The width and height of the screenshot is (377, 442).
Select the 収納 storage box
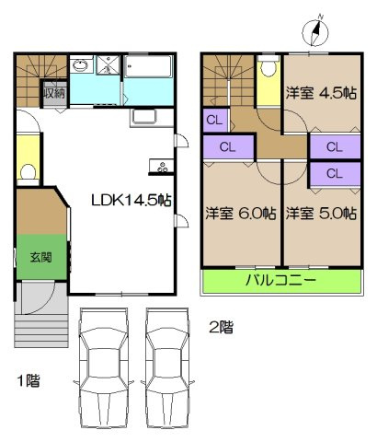(x=52, y=93)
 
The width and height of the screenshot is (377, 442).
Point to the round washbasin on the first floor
(x=79, y=65)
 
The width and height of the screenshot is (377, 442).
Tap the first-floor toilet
(x=28, y=171)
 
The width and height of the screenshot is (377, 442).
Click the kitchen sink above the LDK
(x=145, y=117)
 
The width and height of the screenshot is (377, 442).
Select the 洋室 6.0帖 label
(x=241, y=213)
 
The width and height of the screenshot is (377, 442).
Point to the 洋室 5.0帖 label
(x=321, y=213)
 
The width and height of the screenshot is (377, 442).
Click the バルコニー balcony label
(x=280, y=279)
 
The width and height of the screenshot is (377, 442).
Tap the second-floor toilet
(x=268, y=67)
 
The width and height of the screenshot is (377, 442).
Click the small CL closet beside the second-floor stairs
(x=214, y=120)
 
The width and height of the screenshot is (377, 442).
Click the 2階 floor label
(x=220, y=326)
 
